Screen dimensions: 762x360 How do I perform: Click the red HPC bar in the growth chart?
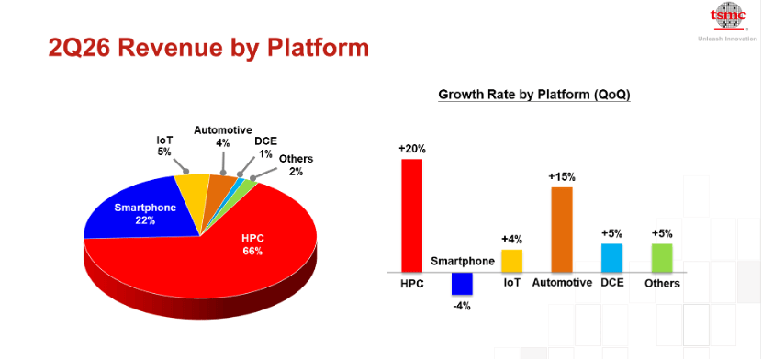pos(411,216)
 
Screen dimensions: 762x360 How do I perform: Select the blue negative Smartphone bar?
pos(462,284)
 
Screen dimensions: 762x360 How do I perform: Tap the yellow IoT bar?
pos(511,261)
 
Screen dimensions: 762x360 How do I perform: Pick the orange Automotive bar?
pos(562,230)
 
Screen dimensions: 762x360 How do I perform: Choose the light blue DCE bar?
pos(611,258)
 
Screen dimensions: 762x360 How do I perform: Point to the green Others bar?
pos(662,258)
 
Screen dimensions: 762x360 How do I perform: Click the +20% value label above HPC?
pos(411,149)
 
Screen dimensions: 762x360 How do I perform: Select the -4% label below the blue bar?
pos(462,307)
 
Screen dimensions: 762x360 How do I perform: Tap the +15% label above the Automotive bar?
pos(561,177)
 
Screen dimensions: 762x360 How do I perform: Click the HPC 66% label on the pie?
pos(252,245)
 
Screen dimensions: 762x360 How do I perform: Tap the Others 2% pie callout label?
pos(296,165)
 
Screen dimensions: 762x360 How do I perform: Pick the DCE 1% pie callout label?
pos(265,147)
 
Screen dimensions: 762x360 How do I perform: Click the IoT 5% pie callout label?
pos(164,146)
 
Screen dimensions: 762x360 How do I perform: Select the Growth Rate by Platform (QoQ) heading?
pos(534,95)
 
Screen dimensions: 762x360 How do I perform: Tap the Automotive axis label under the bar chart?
pos(562,283)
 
